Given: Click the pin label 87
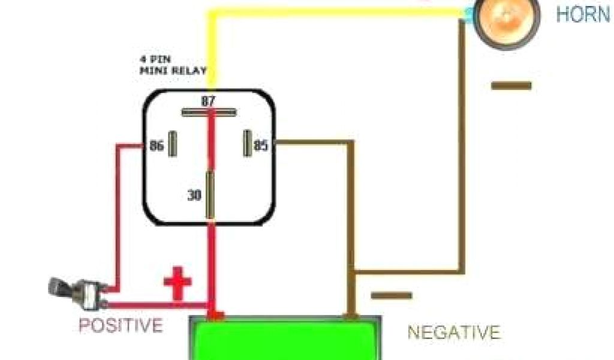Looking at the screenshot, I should point(208,101).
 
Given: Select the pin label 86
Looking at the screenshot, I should point(156,145).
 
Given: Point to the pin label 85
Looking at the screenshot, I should point(261,145).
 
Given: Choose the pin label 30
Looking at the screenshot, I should point(194,195).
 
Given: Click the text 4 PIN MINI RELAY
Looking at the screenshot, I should point(173,65).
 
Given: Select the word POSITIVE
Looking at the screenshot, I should point(121,326).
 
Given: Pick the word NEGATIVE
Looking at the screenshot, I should point(454,332).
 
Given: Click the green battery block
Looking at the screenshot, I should point(285,339).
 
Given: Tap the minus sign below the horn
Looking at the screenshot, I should point(511,86).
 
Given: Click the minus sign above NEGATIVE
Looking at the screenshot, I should point(392,296).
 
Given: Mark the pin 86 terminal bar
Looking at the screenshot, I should point(173,144).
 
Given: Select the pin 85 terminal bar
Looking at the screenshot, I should point(246,143).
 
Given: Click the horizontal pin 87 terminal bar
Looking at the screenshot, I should point(209,112).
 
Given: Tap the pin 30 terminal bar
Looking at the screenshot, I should point(210,195).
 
